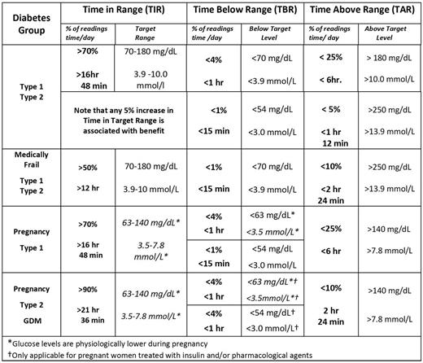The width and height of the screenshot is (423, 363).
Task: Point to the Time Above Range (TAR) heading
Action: (x=361, y=11)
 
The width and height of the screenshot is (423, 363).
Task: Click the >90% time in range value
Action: (x=89, y=288)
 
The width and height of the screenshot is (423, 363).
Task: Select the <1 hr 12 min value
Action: (x=331, y=133)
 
